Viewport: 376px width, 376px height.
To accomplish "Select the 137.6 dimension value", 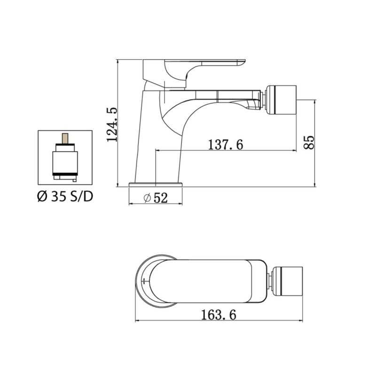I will pyautogui.click(x=225, y=145).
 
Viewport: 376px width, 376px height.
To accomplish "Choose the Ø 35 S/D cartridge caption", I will pyautogui.click(x=65, y=196).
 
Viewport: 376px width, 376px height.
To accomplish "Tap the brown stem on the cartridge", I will pyautogui.click(x=65, y=140).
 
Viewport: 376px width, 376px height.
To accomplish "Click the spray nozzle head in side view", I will pyautogui.click(x=282, y=100).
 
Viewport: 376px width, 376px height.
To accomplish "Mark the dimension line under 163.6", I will pyautogui.click(x=219, y=321).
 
